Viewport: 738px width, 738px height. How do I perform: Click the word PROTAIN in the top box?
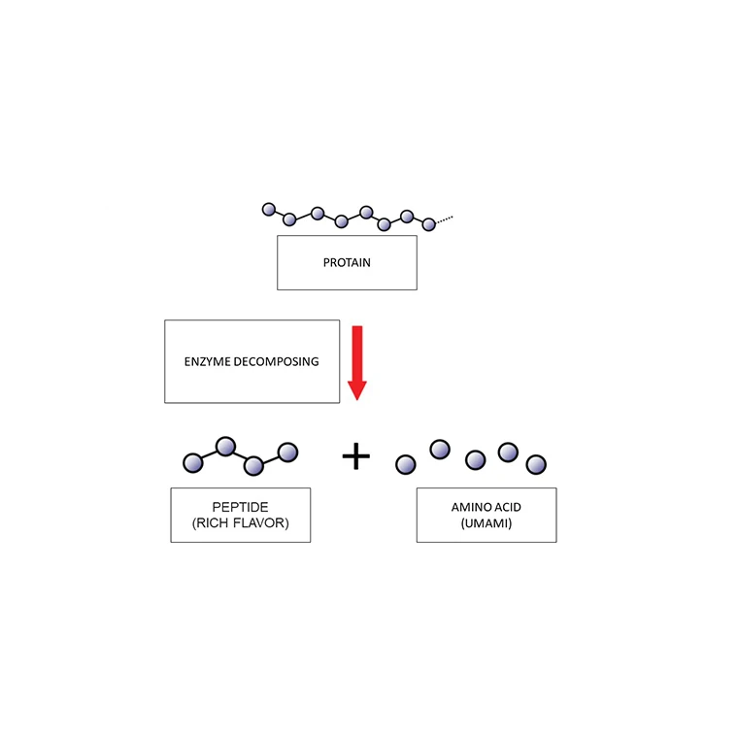coord(347,263)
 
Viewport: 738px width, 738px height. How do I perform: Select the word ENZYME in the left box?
coord(209,361)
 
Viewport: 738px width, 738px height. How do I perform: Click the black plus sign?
coord(356,455)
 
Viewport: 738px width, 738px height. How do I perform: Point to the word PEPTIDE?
coord(240,507)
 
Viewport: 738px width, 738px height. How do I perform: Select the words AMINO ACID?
coord(486,507)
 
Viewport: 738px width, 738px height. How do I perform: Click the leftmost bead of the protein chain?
coord(269,209)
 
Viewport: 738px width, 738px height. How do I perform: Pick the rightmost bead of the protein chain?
coord(428,224)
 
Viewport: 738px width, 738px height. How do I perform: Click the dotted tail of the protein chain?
coord(444,219)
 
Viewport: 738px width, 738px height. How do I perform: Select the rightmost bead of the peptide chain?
coord(287,452)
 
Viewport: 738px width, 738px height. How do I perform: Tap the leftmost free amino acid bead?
coord(406,463)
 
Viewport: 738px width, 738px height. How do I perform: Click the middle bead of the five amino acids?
coord(475,459)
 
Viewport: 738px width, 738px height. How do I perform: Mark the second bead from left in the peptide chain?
coord(225,446)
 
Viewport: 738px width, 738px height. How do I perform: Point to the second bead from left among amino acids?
coord(440,449)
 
